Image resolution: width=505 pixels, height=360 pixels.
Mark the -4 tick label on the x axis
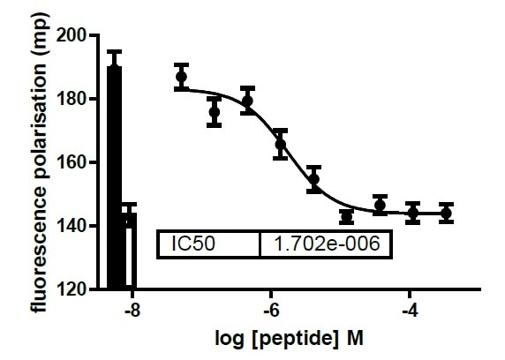pyautogui.click(x=410, y=311)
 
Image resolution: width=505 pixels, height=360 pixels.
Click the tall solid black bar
pyautogui.click(x=114, y=176)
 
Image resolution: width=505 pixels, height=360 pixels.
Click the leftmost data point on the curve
pyautogui.click(x=182, y=77)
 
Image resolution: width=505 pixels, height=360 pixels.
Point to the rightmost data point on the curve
pyautogui.click(x=445, y=213)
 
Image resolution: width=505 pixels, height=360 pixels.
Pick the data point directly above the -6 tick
pyautogui.click(x=281, y=144)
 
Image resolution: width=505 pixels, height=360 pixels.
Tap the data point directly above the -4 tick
pyautogui.click(x=413, y=213)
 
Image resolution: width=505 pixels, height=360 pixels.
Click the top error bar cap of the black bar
pyautogui.click(x=114, y=51)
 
